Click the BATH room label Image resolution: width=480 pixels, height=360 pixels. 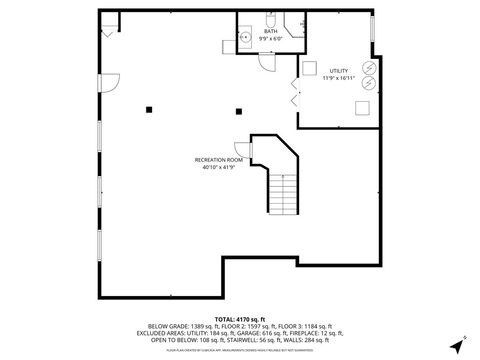click(x=270, y=31)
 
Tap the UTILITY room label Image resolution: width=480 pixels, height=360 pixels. click(x=340, y=71)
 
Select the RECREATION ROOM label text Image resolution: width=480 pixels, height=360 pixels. click(x=219, y=160)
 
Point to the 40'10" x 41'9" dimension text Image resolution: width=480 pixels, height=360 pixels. click(x=219, y=167)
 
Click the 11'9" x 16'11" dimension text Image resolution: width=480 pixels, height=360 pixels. click(x=340, y=78)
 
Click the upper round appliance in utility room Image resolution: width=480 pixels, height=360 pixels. click(x=367, y=67)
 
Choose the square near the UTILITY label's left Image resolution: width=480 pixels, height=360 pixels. click(x=309, y=68)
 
